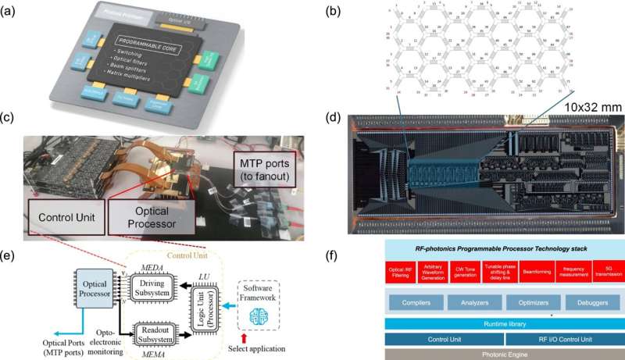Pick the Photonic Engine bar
tap(501, 353)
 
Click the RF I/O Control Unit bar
tap(562, 339)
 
